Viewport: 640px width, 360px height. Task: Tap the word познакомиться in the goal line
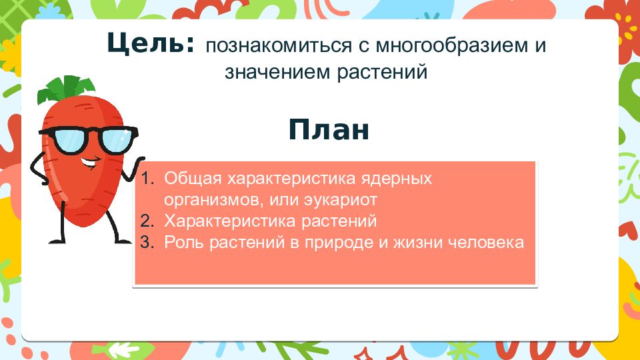click(x=279, y=46)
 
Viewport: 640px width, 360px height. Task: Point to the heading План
click(x=329, y=129)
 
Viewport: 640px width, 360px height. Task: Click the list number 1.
click(x=147, y=179)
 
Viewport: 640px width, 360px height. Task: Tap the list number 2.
click(x=147, y=221)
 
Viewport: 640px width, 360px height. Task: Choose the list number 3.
click(x=147, y=242)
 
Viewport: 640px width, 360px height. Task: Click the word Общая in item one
click(x=193, y=179)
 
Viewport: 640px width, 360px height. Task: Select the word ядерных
click(x=396, y=179)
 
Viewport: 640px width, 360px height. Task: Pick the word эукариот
click(x=341, y=200)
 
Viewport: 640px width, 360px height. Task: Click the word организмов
click(x=211, y=200)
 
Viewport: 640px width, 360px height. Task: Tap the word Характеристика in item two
click(x=229, y=221)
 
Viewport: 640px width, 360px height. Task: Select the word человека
click(x=486, y=243)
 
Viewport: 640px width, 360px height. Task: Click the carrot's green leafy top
click(x=65, y=89)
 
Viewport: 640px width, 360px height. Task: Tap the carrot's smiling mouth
click(x=90, y=163)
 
